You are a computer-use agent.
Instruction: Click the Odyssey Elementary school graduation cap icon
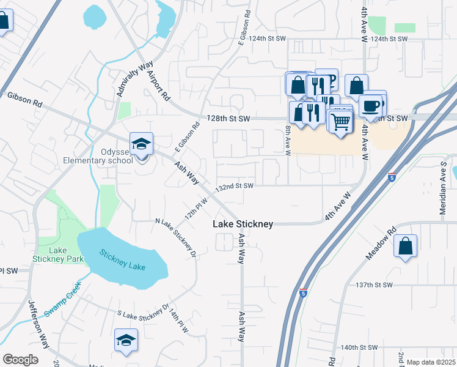pos(141,145)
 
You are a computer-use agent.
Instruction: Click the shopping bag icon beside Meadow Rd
pos(405,247)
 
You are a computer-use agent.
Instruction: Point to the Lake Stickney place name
pos(243,224)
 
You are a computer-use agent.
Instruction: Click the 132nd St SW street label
pos(235,186)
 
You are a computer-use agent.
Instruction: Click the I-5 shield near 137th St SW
pos(304,293)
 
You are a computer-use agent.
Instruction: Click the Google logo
pos(20,360)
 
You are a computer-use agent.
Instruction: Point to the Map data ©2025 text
pos(430,362)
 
